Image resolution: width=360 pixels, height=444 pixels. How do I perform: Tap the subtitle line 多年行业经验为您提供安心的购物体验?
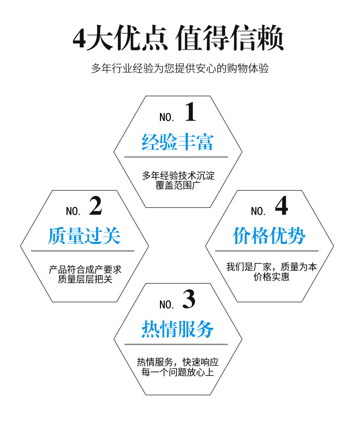point(180,68)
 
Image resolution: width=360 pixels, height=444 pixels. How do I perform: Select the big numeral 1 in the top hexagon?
point(190,112)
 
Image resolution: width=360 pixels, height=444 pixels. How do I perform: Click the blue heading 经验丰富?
point(177,142)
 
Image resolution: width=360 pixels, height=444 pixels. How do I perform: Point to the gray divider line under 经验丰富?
point(176,157)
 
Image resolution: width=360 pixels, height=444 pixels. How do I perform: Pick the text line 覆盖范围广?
point(178,186)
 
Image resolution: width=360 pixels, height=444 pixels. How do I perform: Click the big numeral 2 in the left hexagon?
point(96,206)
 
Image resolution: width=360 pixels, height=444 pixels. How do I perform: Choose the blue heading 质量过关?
point(84,236)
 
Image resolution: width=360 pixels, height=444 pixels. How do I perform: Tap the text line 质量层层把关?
point(85,279)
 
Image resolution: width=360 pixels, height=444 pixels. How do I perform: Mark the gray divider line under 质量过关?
point(82,251)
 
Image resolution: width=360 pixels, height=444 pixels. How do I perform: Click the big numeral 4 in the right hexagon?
point(282,206)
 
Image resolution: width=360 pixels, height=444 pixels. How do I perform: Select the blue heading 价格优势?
point(269,236)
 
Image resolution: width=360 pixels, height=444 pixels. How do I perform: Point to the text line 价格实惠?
point(272,277)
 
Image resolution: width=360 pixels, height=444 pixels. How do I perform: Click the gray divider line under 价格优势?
point(267,251)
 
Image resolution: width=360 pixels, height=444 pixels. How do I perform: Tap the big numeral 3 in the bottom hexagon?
point(189,299)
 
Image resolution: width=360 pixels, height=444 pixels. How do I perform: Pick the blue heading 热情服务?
point(177,329)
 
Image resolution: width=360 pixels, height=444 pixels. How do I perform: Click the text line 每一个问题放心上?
point(178,372)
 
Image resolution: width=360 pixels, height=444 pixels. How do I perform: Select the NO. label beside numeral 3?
point(167,305)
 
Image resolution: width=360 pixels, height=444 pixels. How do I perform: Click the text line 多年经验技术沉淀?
point(178,176)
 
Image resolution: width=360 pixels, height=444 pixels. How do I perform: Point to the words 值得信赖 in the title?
point(230,38)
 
